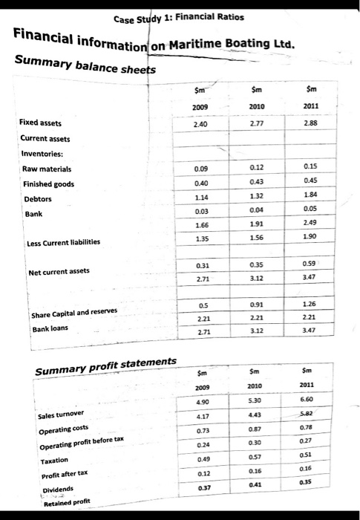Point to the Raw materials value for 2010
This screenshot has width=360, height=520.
tap(256, 168)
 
